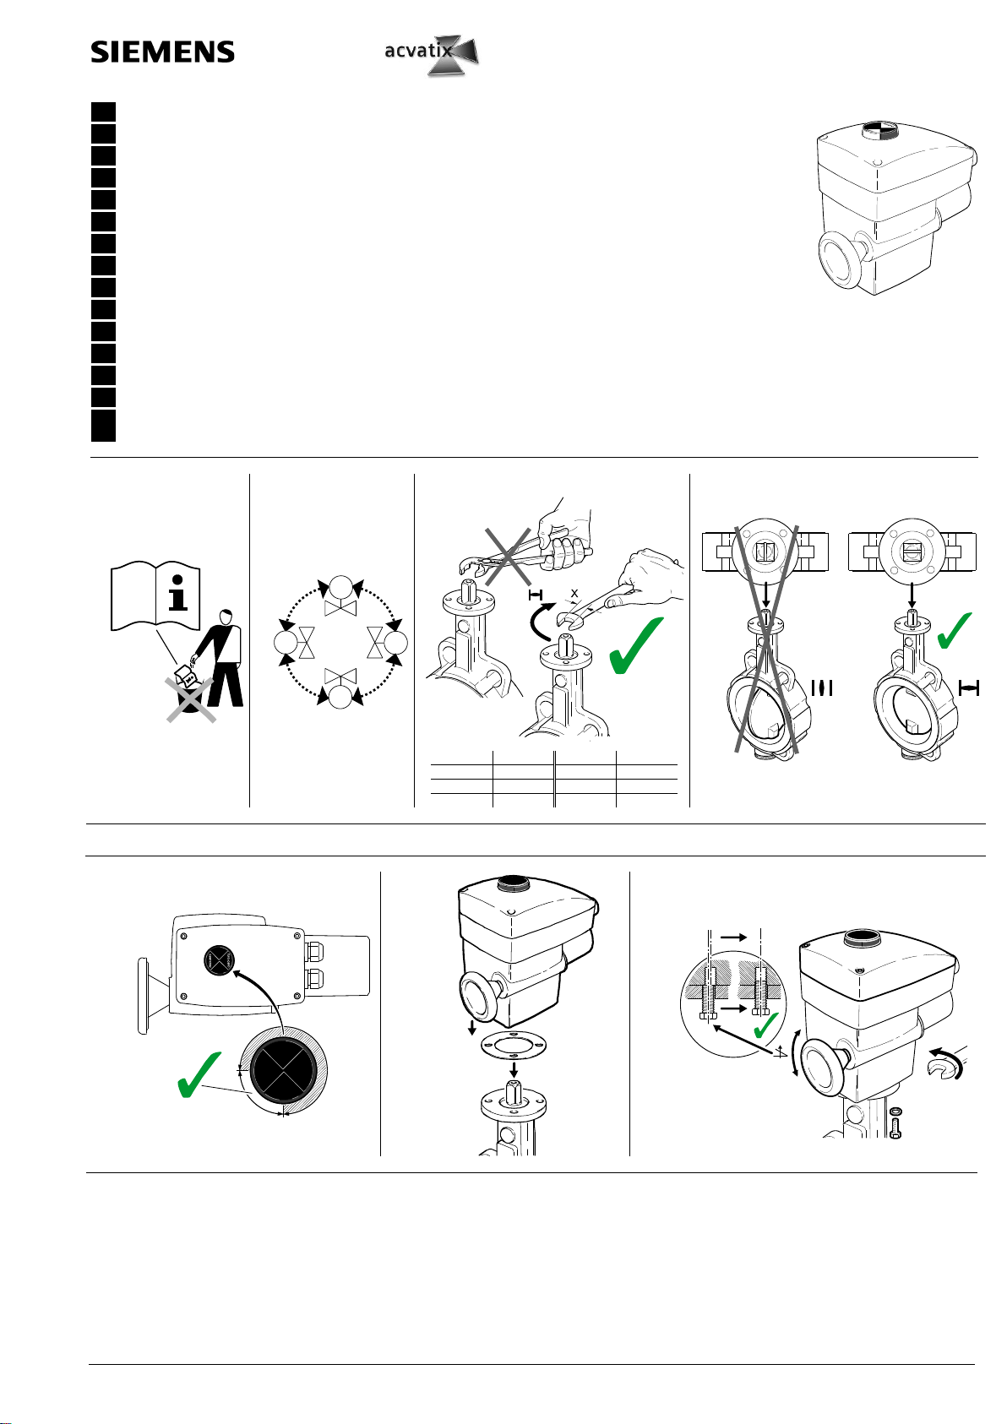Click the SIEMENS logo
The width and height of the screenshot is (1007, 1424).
click(162, 52)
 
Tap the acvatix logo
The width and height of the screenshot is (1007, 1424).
click(431, 52)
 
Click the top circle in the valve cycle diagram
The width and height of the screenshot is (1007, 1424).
click(341, 587)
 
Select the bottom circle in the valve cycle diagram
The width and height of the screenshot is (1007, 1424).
click(341, 698)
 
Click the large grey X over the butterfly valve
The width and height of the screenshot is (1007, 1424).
click(765, 639)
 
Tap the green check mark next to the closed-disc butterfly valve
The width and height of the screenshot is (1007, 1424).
click(955, 632)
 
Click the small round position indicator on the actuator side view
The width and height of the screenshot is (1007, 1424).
click(220, 959)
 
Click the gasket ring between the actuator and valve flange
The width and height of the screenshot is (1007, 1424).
click(512, 1045)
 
